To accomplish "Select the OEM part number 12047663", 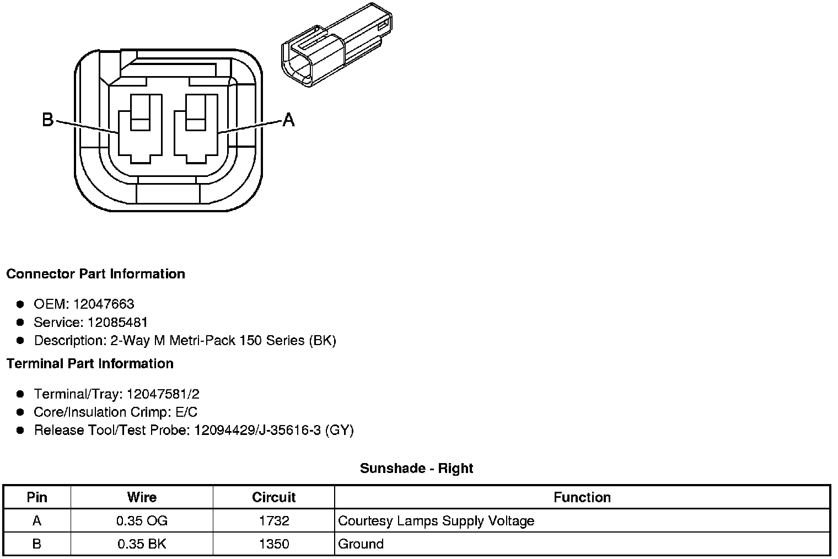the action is pos(104,304).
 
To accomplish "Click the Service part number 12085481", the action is pos(118,322).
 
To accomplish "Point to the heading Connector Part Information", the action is pos(96,274).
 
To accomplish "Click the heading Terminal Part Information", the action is pos(90,364).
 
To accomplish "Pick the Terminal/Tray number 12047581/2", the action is pos(163,394).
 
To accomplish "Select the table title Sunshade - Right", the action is pos(416,469).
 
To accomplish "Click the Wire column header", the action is pos(142,497).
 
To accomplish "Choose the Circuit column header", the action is pos(273,497).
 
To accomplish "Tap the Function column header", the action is pos(582,497).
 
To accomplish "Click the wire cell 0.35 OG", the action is pos(142,521).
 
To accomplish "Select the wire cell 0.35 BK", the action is pos(142,544).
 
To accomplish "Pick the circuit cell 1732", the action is pos(273,521).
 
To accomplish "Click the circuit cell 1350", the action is pos(273,544).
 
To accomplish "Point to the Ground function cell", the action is pos(361,544).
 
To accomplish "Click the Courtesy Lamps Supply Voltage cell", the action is pos(436,521).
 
